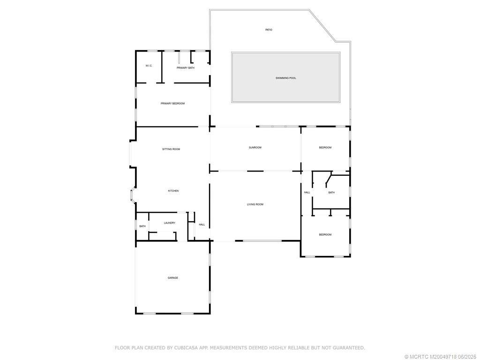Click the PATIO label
(x=269, y=30)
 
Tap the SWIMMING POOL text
(x=285, y=78)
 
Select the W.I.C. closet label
(x=149, y=66)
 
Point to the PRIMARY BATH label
(x=185, y=68)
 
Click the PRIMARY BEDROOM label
(x=172, y=104)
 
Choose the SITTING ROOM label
(x=171, y=149)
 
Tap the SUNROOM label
(x=255, y=148)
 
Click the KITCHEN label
(x=173, y=191)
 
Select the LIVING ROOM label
(x=255, y=204)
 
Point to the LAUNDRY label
(x=169, y=223)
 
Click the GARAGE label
(x=172, y=278)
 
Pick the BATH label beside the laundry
(x=142, y=226)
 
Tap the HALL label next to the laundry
(x=202, y=225)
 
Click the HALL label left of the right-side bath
(x=307, y=192)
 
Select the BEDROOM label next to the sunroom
(x=325, y=148)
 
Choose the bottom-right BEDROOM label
(x=325, y=234)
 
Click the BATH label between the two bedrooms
(x=331, y=192)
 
